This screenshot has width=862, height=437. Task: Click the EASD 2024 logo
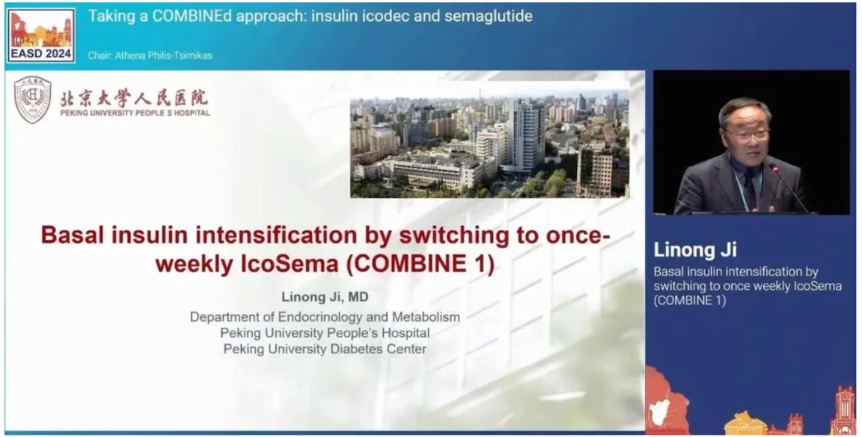click(x=42, y=35)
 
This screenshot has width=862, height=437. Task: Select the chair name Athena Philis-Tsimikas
click(x=164, y=56)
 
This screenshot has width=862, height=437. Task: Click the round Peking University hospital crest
click(x=33, y=99)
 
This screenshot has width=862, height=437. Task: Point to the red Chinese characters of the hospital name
click(x=135, y=98)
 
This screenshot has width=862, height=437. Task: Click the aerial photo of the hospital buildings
click(x=490, y=143)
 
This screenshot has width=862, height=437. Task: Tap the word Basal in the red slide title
click(x=73, y=235)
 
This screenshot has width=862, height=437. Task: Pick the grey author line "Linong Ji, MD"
click(x=325, y=297)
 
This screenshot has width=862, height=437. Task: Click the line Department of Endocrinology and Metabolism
click(x=325, y=317)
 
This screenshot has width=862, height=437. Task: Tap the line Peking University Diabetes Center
click(x=325, y=349)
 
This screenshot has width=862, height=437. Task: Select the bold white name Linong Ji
click(x=695, y=250)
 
